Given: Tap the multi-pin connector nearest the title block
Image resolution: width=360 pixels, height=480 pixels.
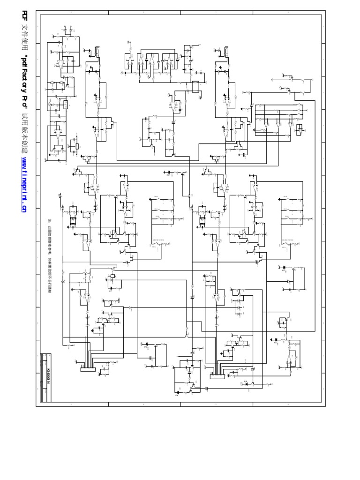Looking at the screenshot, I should pyautogui.click(x=88, y=369).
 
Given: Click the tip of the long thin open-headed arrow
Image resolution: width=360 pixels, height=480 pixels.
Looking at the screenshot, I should pyautogui.click(x=272, y=80).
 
